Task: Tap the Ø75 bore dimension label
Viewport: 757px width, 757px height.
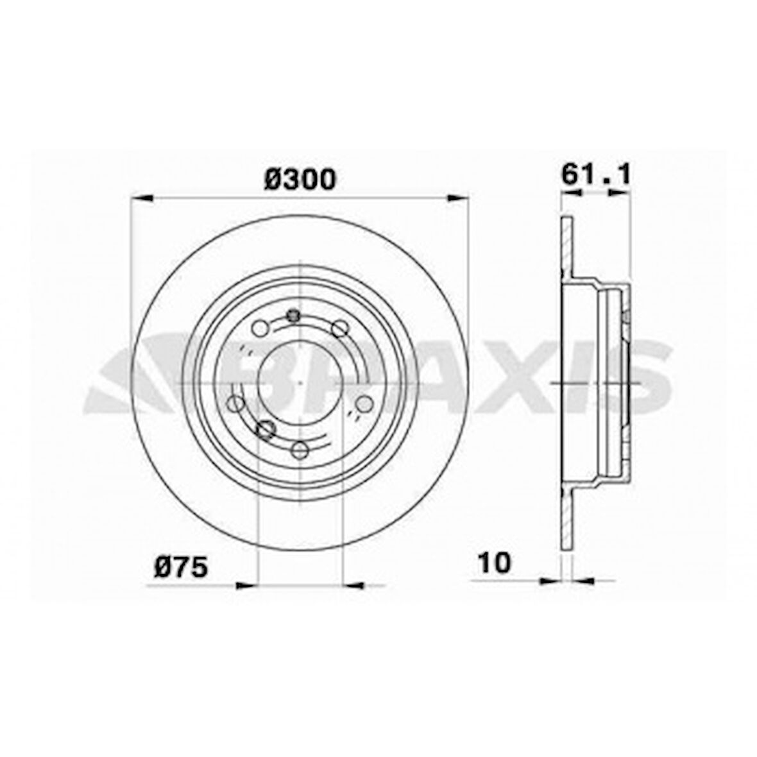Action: click(181, 567)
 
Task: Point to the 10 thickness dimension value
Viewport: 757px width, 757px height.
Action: click(495, 563)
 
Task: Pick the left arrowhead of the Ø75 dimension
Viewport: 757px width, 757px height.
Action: click(247, 584)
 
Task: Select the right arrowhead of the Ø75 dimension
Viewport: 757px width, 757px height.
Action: click(353, 584)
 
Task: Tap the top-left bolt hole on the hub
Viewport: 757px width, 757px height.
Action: click(260, 329)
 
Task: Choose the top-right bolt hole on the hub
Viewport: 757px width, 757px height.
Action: click(340, 329)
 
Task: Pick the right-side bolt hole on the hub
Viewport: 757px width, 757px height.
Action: click(364, 404)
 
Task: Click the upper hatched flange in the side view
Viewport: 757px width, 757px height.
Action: click(566, 250)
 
